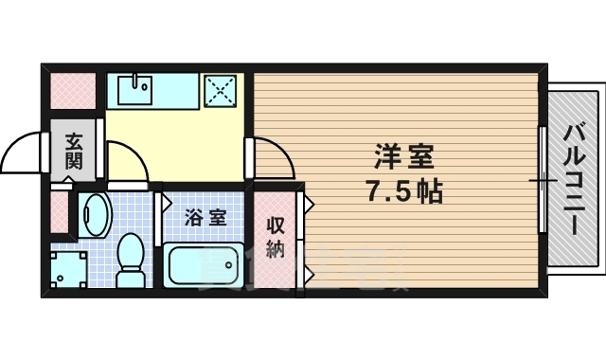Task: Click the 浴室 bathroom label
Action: click(205, 217)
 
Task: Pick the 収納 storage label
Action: click(275, 237)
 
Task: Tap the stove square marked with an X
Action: click(223, 91)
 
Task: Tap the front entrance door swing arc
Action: click(25, 153)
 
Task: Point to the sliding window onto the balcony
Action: click(543, 179)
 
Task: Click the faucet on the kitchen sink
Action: click(136, 79)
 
